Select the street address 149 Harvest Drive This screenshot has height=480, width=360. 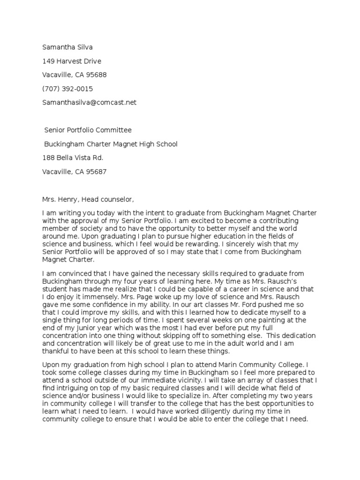click(x=72, y=61)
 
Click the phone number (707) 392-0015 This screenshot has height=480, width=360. click(x=67, y=89)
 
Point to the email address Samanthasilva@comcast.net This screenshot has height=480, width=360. click(x=89, y=102)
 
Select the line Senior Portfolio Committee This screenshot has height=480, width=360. click(x=88, y=130)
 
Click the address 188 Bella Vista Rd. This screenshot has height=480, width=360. click(x=72, y=157)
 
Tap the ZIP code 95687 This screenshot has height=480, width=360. click(x=97, y=172)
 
